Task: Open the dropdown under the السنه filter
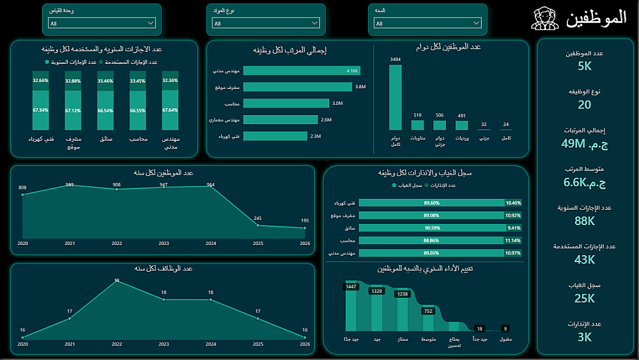click(426, 23)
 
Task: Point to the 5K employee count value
click(585, 67)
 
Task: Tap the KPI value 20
click(585, 105)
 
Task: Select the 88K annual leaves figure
click(585, 221)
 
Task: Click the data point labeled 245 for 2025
click(258, 224)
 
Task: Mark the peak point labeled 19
click(116, 281)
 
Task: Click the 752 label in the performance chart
click(428, 311)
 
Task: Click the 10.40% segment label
click(513, 203)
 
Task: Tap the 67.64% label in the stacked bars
click(170, 110)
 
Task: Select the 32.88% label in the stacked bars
click(73, 81)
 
